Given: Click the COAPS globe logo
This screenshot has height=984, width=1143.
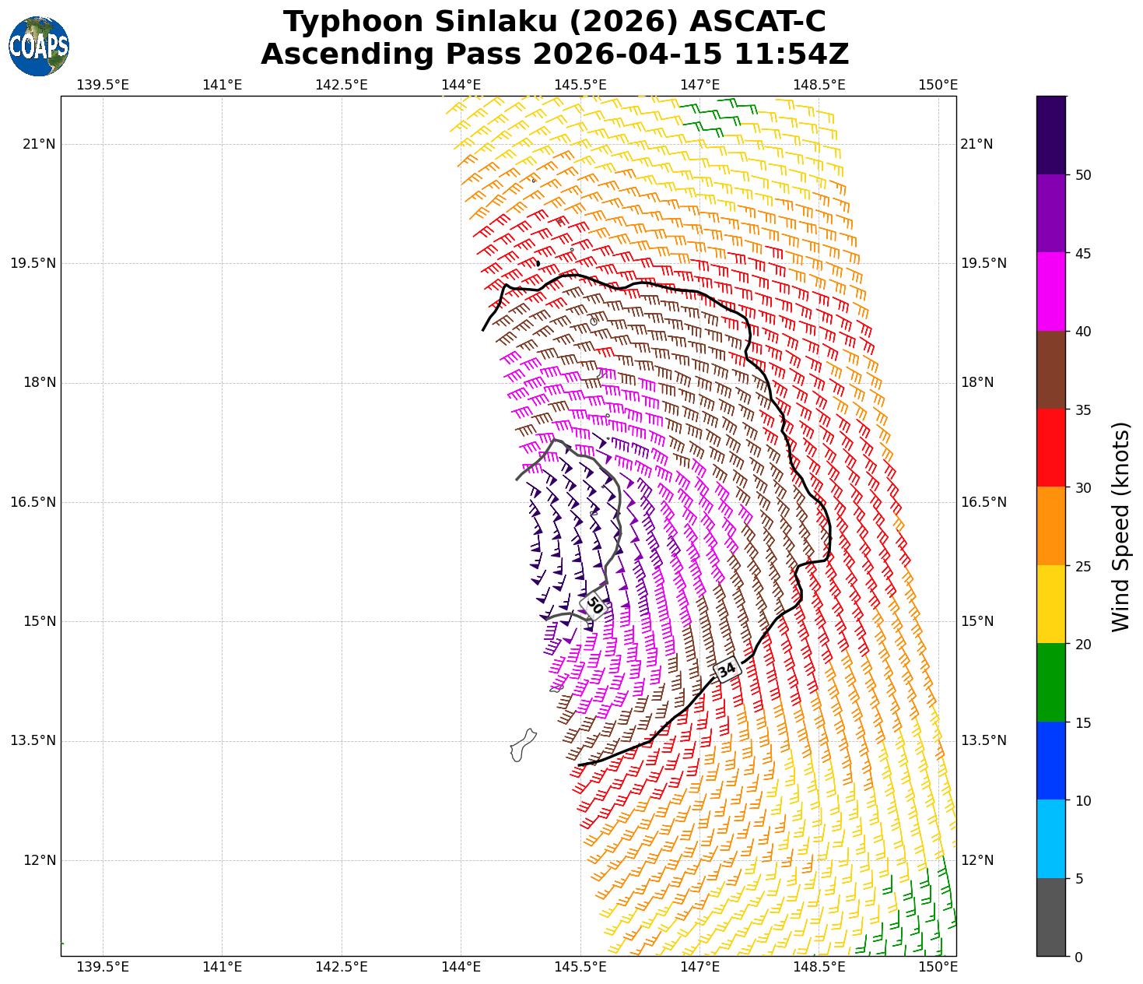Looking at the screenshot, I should [x=39, y=47].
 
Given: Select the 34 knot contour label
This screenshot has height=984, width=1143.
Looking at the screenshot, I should [x=726, y=669].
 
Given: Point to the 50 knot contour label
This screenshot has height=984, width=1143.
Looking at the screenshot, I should [x=594, y=604].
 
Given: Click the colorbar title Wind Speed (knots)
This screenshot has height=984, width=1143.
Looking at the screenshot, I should [x=1120, y=527].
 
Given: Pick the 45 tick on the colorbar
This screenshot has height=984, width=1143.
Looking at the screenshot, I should [x=1083, y=254].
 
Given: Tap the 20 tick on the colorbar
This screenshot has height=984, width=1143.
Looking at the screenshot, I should [x=1083, y=645].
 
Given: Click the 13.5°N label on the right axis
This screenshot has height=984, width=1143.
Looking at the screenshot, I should [x=983, y=740].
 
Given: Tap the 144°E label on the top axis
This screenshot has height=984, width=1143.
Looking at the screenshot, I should [x=461, y=84].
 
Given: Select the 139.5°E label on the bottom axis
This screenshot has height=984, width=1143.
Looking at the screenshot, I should [x=103, y=967].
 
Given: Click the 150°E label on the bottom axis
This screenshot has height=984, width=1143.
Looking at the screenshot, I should [x=938, y=967].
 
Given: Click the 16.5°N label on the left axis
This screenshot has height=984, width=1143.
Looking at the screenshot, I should [x=33, y=502].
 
